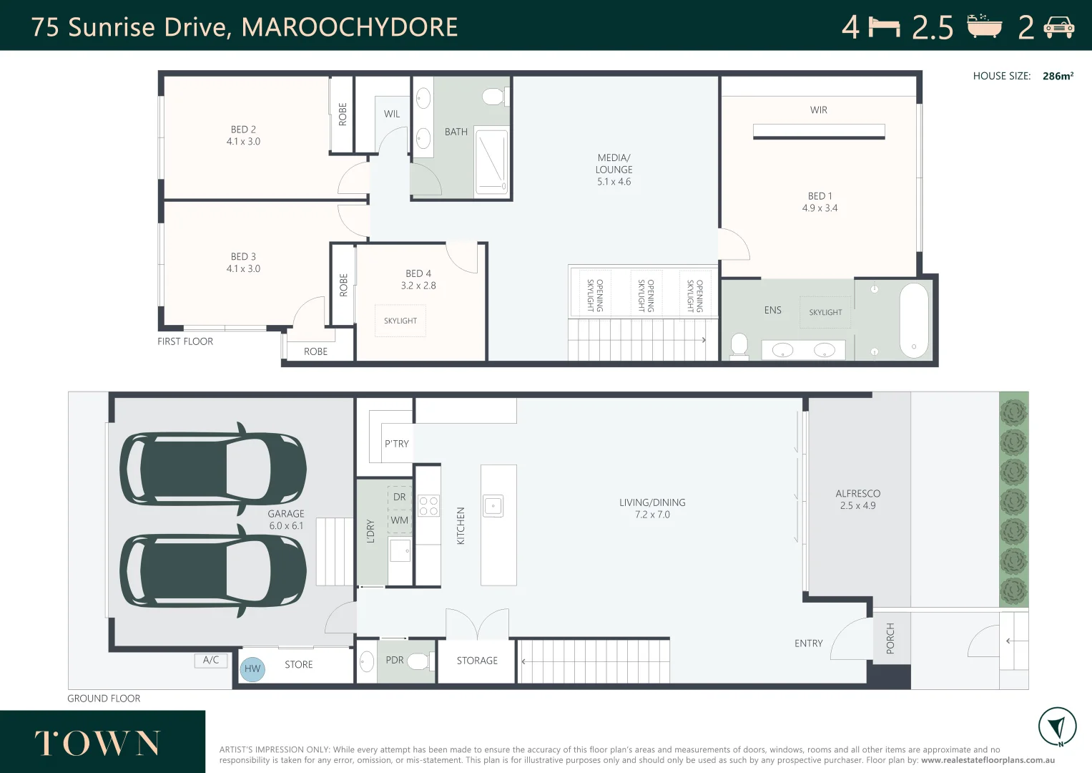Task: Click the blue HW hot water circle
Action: pos(252,669)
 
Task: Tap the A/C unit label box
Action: pos(211,661)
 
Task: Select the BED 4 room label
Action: pos(418,273)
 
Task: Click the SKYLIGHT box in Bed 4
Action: pos(400,321)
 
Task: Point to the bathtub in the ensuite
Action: pos(914,321)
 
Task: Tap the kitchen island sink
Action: pos(493,506)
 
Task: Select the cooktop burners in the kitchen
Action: pos(428,506)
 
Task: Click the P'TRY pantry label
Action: pos(397,444)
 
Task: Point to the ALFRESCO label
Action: pos(857,494)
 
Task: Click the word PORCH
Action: pos(890,638)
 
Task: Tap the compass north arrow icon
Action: pos(1057,726)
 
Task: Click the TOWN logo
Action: pos(98,744)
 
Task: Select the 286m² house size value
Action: pos(1058,76)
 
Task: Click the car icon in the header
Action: pos(1058,27)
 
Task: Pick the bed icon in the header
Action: pos(884,27)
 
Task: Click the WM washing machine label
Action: pos(400,520)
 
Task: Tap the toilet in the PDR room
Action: pos(419,661)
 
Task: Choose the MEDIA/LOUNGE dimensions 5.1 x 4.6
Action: pos(614,182)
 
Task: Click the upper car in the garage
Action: pos(212,470)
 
